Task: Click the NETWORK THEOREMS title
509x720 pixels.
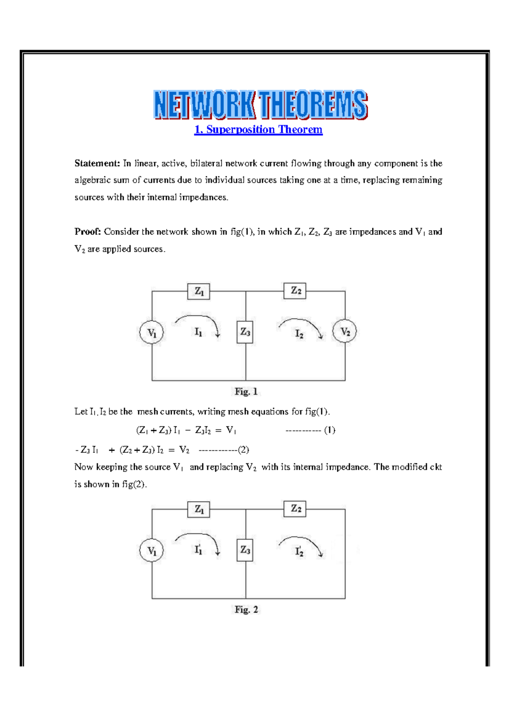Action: [x=260, y=104]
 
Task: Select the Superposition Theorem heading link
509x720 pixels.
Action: [x=258, y=129]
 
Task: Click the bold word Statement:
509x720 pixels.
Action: [x=97, y=163]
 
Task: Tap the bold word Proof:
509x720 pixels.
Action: [x=87, y=232]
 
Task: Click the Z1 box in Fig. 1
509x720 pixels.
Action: [x=199, y=291]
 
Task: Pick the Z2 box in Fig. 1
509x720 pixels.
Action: [x=295, y=291]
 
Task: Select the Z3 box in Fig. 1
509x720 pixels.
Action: [x=245, y=332]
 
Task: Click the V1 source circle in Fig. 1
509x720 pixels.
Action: [x=151, y=332]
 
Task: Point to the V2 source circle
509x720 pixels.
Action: [x=345, y=332]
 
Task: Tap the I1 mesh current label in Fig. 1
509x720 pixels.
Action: [x=198, y=332]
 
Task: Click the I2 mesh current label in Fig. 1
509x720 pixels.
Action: [x=299, y=334]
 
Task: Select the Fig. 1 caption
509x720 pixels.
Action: [x=246, y=391]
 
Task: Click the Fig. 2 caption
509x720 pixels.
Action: [x=246, y=609]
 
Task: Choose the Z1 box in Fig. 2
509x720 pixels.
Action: [x=199, y=509]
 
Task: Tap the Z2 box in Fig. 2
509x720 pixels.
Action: [x=295, y=508]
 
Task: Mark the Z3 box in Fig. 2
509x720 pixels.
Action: [x=245, y=550]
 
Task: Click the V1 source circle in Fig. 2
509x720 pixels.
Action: [x=151, y=550]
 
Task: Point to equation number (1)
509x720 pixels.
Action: [x=330, y=430]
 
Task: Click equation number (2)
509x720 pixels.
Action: [x=243, y=449]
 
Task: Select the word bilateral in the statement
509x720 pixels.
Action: [x=206, y=163]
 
